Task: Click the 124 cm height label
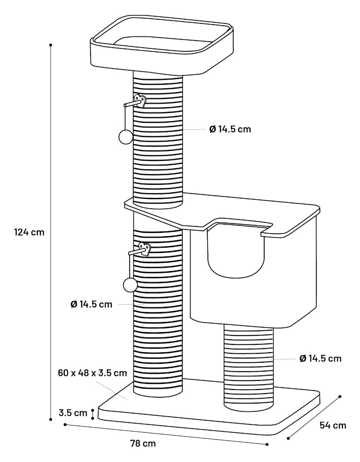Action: tap(29, 232)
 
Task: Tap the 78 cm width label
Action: tap(143, 443)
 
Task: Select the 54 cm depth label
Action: tap(333, 425)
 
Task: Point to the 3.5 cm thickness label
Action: tap(73, 413)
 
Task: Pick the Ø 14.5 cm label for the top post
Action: tap(230, 129)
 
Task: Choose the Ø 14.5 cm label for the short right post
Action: tap(321, 359)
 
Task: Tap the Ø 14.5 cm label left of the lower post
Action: tap(91, 304)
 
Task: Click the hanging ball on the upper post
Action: tap(126, 136)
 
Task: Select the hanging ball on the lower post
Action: tap(130, 285)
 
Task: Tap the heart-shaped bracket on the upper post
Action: tap(140, 101)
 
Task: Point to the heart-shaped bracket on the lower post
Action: tap(145, 249)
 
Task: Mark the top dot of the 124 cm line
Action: tap(51, 45)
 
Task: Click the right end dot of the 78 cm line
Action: tap(267, 444)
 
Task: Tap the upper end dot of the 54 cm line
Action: tap(340, 396)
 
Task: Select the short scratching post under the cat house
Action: tap(249, 368)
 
